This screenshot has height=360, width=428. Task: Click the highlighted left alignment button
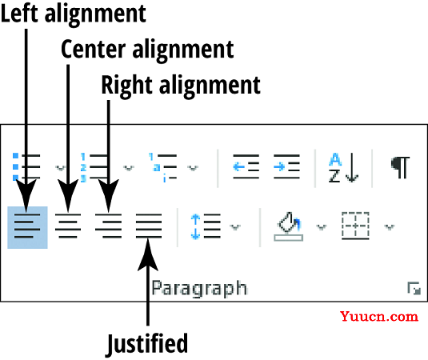point(27,227)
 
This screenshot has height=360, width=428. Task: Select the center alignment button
point(68,226)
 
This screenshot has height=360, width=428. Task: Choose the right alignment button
point(108,226)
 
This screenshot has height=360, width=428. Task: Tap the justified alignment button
point(149,226)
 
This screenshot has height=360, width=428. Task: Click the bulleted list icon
point(26,166)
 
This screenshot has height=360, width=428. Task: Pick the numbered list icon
point(94,167)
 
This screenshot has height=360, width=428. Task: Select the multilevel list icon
point(162,167)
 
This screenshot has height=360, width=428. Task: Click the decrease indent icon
point(246,166)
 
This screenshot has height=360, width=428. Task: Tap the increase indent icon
point(286,166)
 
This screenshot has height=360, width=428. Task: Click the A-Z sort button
point(343,167)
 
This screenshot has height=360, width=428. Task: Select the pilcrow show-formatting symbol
point(400,167)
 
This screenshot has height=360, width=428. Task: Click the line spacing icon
point(206,226)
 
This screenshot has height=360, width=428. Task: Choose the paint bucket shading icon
point(288,226)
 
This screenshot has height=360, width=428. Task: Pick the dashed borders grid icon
point(355,226)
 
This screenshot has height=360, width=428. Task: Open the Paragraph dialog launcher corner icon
point(414,289)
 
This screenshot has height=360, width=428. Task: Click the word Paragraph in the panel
point(199,289)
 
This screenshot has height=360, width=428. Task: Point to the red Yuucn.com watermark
point(379,316)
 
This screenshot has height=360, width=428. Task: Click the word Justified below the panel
point(147,344)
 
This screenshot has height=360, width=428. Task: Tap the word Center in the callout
point(94,49)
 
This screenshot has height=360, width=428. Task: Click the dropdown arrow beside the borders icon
point(390,226)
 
